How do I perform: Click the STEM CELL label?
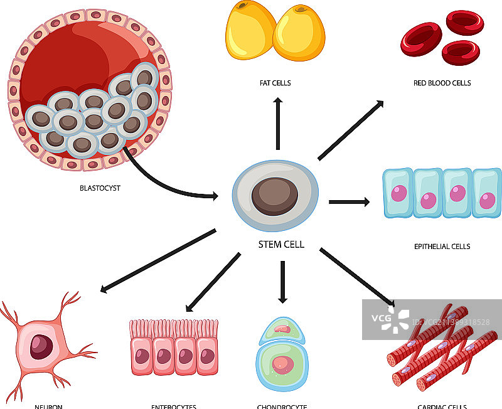click(282, 245)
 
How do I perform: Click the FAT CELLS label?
click(275, 83)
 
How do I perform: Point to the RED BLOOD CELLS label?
click(442, 83)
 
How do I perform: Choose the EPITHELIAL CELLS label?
click(442, 247)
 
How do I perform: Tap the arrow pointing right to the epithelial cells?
click(349, 202)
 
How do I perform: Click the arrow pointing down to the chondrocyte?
click(282, 282)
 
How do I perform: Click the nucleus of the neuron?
click(43, 345)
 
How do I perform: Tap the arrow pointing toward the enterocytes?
click(213, 282)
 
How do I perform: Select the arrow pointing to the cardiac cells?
click(358, 277)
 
